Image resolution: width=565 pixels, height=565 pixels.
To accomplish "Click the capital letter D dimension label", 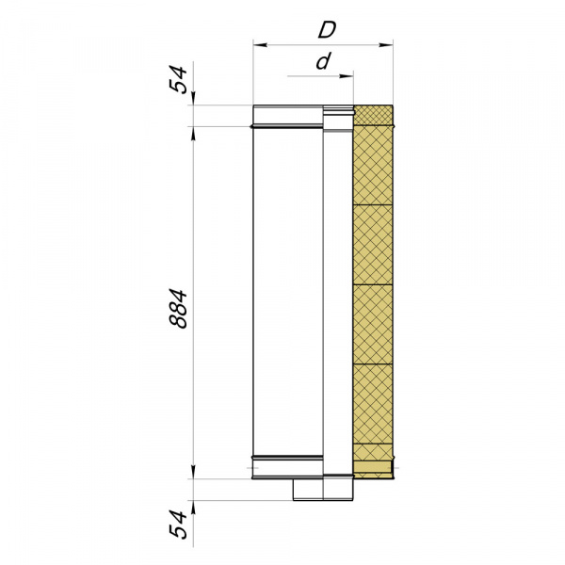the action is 327,30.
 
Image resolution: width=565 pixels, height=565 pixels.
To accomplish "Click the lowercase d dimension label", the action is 323,61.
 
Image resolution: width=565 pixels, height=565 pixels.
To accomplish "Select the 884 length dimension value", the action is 178,309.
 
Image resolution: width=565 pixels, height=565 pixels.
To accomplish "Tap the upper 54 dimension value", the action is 179,80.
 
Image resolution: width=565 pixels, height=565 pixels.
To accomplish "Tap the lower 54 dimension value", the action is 179,524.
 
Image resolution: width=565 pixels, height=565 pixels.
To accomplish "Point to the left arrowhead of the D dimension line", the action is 260,45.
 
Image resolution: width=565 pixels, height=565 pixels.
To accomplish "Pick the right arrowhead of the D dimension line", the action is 385,45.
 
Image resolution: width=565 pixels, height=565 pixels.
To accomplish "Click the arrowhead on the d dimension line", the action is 347,76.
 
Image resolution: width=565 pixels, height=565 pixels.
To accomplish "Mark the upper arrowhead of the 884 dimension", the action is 193,134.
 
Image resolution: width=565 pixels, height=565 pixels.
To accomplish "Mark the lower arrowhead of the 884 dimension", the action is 193,472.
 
